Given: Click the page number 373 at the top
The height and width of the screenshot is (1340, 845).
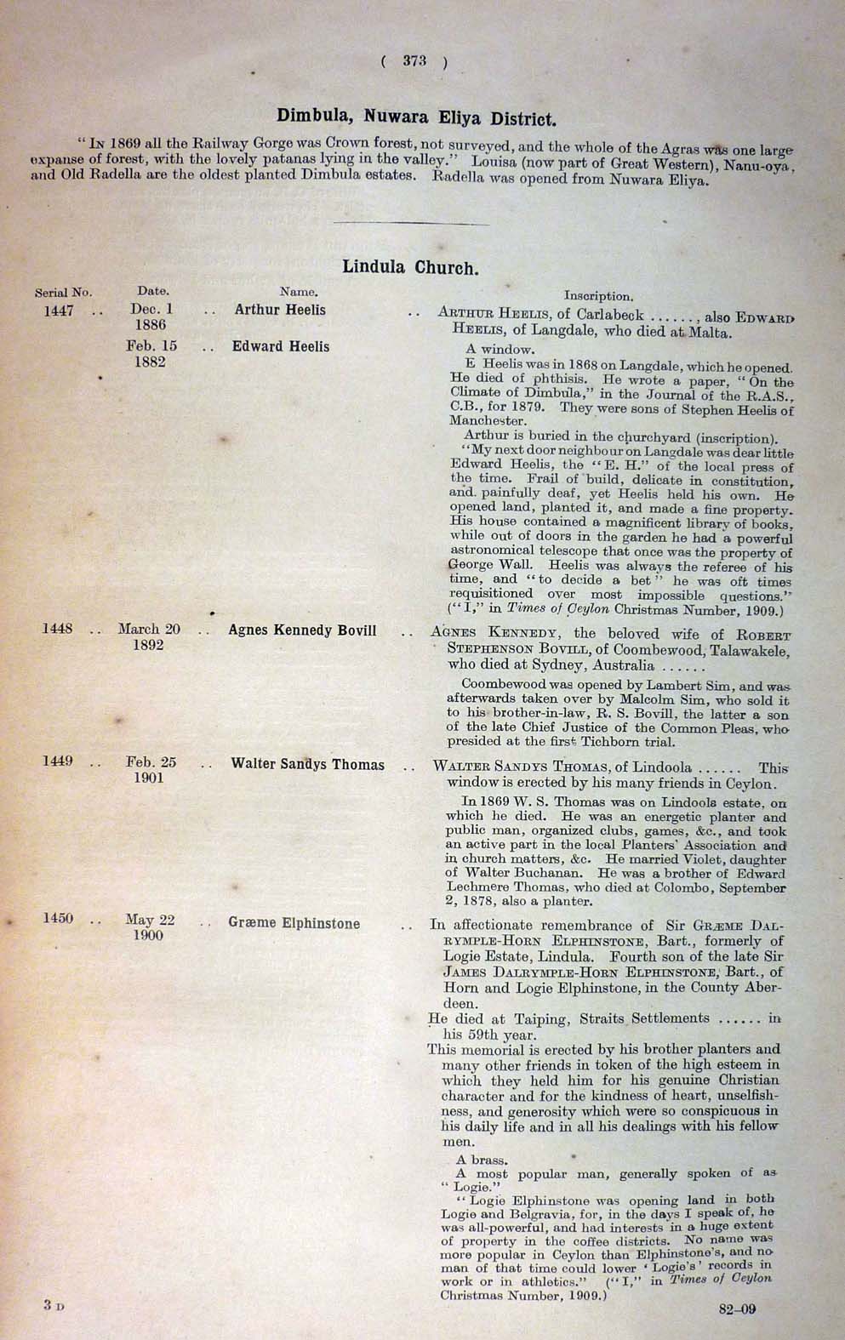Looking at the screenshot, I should click(x=414, y=60).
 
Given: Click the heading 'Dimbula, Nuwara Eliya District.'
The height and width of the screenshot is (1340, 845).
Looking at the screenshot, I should click(x=416, y=117).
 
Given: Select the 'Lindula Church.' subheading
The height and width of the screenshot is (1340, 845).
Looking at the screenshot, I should click(x=410, y=267).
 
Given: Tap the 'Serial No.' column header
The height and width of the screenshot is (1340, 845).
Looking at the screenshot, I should click(x=63, y=293).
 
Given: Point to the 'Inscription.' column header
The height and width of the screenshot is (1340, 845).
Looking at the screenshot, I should click(x=598, y=296).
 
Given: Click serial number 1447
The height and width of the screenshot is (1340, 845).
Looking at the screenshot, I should click(x=59, y=311).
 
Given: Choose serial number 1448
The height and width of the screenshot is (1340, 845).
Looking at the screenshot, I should click(x=58, y=630).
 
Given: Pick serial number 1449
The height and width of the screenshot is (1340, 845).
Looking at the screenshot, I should click(x=58, y=761).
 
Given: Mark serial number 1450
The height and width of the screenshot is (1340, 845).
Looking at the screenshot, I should click(x=58, y=919).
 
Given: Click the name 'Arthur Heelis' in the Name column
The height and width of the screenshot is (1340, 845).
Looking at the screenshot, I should click(x=280, y=311).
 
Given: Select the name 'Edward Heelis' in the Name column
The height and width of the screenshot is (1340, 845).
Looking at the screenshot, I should click(x=281, y=347).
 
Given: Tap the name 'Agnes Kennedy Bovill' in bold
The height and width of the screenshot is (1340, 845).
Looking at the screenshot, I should click(x=302, y=630).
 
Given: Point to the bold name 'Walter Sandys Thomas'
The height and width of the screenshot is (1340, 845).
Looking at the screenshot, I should click(x=307, y=765).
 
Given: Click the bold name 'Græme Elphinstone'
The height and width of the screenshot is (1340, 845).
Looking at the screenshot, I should click(x=294, y=923).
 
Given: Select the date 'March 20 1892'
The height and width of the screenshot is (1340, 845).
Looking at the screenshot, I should click(x=149, y=637).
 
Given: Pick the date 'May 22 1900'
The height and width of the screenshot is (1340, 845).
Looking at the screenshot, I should click(x=150, y=927).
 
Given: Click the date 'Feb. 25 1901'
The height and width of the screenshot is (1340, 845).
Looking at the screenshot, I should click(x=151, y=770).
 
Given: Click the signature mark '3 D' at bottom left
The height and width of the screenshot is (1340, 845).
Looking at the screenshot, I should click(x=54, y=1304).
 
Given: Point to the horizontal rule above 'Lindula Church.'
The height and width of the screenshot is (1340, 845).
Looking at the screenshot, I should click(x=413, y=224).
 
